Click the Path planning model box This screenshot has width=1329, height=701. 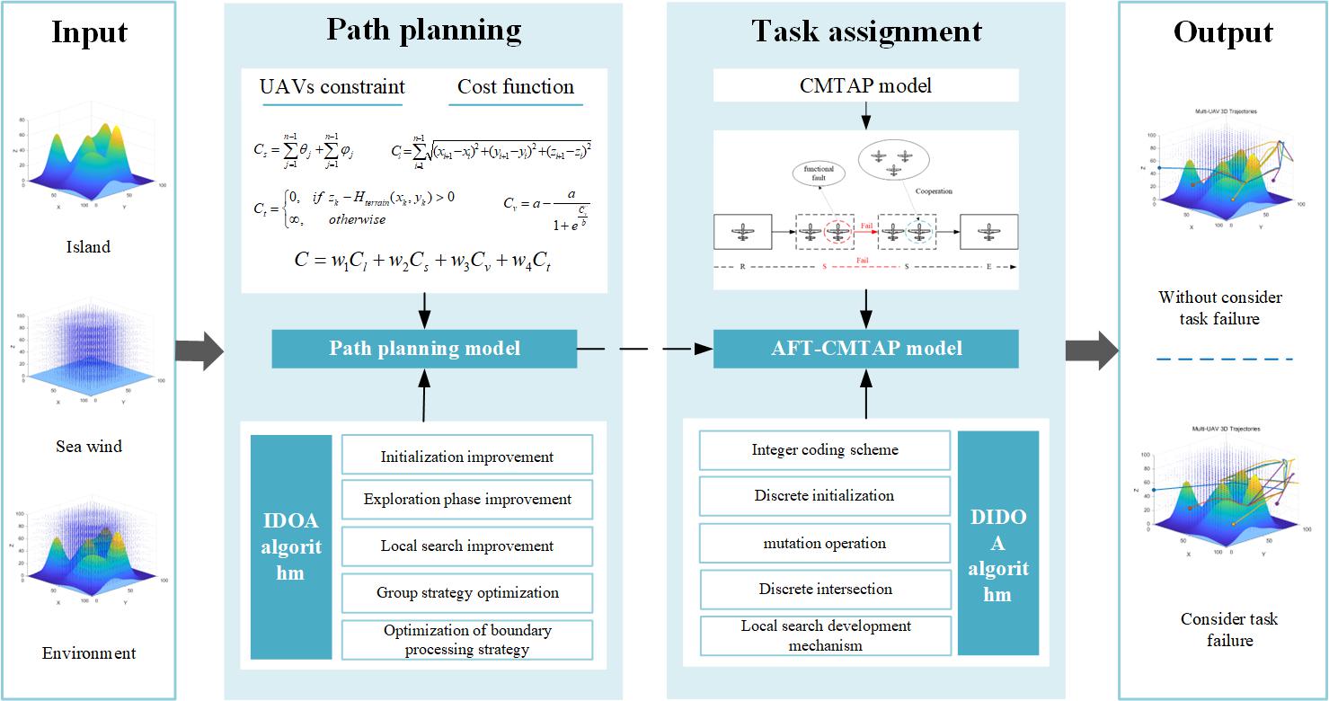[x=424, y=349]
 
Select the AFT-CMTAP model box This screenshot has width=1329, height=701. [x=865, y=349]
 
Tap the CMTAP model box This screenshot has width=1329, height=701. [x=865, y=86]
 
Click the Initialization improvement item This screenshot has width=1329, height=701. [x=466, y=457]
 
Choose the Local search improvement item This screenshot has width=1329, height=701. [x=466, y=546]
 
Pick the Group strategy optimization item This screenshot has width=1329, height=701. [x=466, y=592]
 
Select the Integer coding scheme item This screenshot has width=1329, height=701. [x=824, y=449]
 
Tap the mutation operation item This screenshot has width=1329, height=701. [x=824, y=543]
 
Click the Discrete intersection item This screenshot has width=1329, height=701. [x=824, y=590]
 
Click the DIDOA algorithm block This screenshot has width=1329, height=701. [x=997, y=543]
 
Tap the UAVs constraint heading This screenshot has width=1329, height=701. [x=332, y=87]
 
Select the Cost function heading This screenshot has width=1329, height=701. [x=515, y=87]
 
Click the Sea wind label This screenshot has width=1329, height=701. [x=88, y=447]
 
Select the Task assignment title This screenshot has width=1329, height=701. [x=865, y=31]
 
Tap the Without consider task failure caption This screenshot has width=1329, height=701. [x=1220, y=307]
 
